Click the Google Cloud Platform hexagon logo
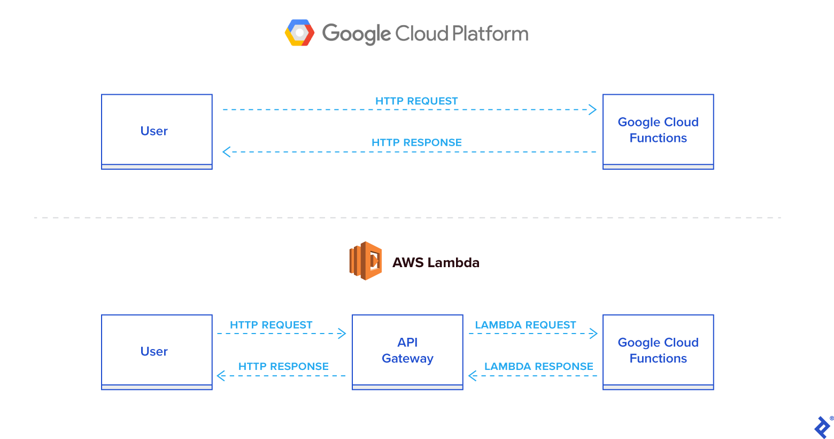click(x=299, y=33)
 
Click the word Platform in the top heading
click(x=490, y=34)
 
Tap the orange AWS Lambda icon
click(x=366, y=261)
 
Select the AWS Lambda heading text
click(x=436, y=263)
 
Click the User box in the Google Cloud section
click(x=157, y=132)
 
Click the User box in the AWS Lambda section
click(x=157, y=352)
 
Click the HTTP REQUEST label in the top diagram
click(x=416, y=101)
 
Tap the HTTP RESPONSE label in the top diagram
click(x=416, y=142)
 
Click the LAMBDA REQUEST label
click(x=525, y=325)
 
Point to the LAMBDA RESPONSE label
click(x=538, y=367)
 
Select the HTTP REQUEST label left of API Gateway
click(x=271, y=325)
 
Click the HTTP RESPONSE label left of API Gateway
click(x=283, y=367)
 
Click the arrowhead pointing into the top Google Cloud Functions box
click(x=592, y=110)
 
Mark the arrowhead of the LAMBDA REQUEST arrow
click(x=593, y=334)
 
